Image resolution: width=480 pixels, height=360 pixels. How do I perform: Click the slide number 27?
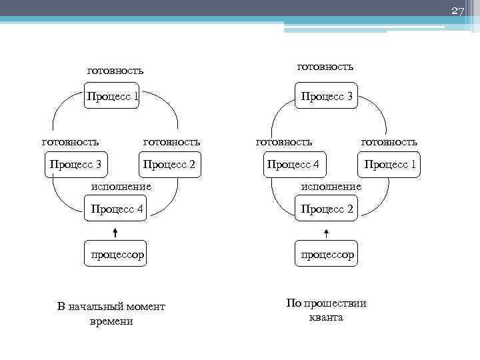click(x=457, y=11)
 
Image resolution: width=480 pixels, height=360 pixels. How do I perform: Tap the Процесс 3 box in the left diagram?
click(x=76, y=164)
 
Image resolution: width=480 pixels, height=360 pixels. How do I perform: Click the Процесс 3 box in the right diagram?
click(x=327, y=97)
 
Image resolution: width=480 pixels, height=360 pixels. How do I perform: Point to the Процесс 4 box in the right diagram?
click(x=293, y=164)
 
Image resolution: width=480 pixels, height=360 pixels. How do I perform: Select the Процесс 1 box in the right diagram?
click(x=390, y=164)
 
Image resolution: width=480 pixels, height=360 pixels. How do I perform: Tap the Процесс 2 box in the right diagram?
click(x=327, y=209)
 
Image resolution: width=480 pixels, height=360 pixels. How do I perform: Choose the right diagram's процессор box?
click(x=327, y=254)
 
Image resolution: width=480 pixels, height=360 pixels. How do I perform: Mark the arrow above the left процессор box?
click(x=115, y=232)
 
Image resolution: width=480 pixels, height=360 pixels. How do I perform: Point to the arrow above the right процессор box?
click(x=327, y=232)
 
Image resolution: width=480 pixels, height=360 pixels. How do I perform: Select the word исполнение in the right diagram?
click(x=331, y=187)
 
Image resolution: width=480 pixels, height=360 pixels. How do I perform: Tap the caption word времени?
click(x=111, y=321)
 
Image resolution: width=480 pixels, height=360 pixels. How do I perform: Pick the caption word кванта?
click(x=326, y=317)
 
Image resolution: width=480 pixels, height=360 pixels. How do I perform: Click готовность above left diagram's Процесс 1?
click(x=115, y=70)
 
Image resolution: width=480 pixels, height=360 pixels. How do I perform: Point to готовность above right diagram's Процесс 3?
click(x=325, y=66)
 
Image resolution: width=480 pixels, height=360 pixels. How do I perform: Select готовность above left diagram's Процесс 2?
click(x=171, y=141)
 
